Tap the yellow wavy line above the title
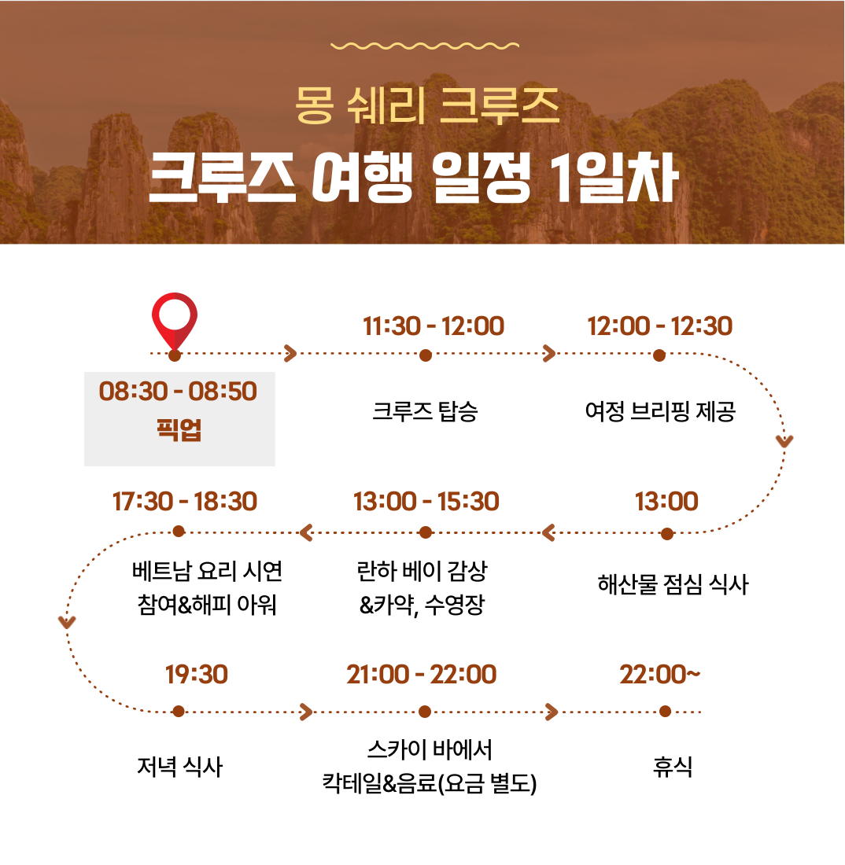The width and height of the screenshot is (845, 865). pos(424,46)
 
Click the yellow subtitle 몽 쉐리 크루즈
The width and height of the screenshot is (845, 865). pos(427,105)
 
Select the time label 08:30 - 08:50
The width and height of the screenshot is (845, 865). pos(178,391)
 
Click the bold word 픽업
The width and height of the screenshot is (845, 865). pos(179,429)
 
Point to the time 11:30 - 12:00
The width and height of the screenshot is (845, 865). pos(434,326)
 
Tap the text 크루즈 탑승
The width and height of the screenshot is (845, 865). pos(425,411)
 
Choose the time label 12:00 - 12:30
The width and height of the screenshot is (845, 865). pos(660,326)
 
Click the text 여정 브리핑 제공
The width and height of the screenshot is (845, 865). pos(660,411)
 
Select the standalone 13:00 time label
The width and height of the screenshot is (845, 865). pos(666,502)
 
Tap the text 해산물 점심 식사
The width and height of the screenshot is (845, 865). pos(673,584)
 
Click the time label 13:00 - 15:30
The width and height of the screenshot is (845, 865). pos(426,502)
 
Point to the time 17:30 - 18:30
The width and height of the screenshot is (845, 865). pos(185,502)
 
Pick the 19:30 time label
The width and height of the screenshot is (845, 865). pos(197,675)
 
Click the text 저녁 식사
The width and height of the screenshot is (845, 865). pos(179,766)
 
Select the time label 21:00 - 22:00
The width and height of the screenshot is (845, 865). pos(422,675)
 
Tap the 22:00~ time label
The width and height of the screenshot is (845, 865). pos(660,675)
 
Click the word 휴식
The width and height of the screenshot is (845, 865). pos(672,766)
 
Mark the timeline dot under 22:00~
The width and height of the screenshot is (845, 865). pos(665,712)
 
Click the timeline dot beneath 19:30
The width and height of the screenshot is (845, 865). pos(179,712)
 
